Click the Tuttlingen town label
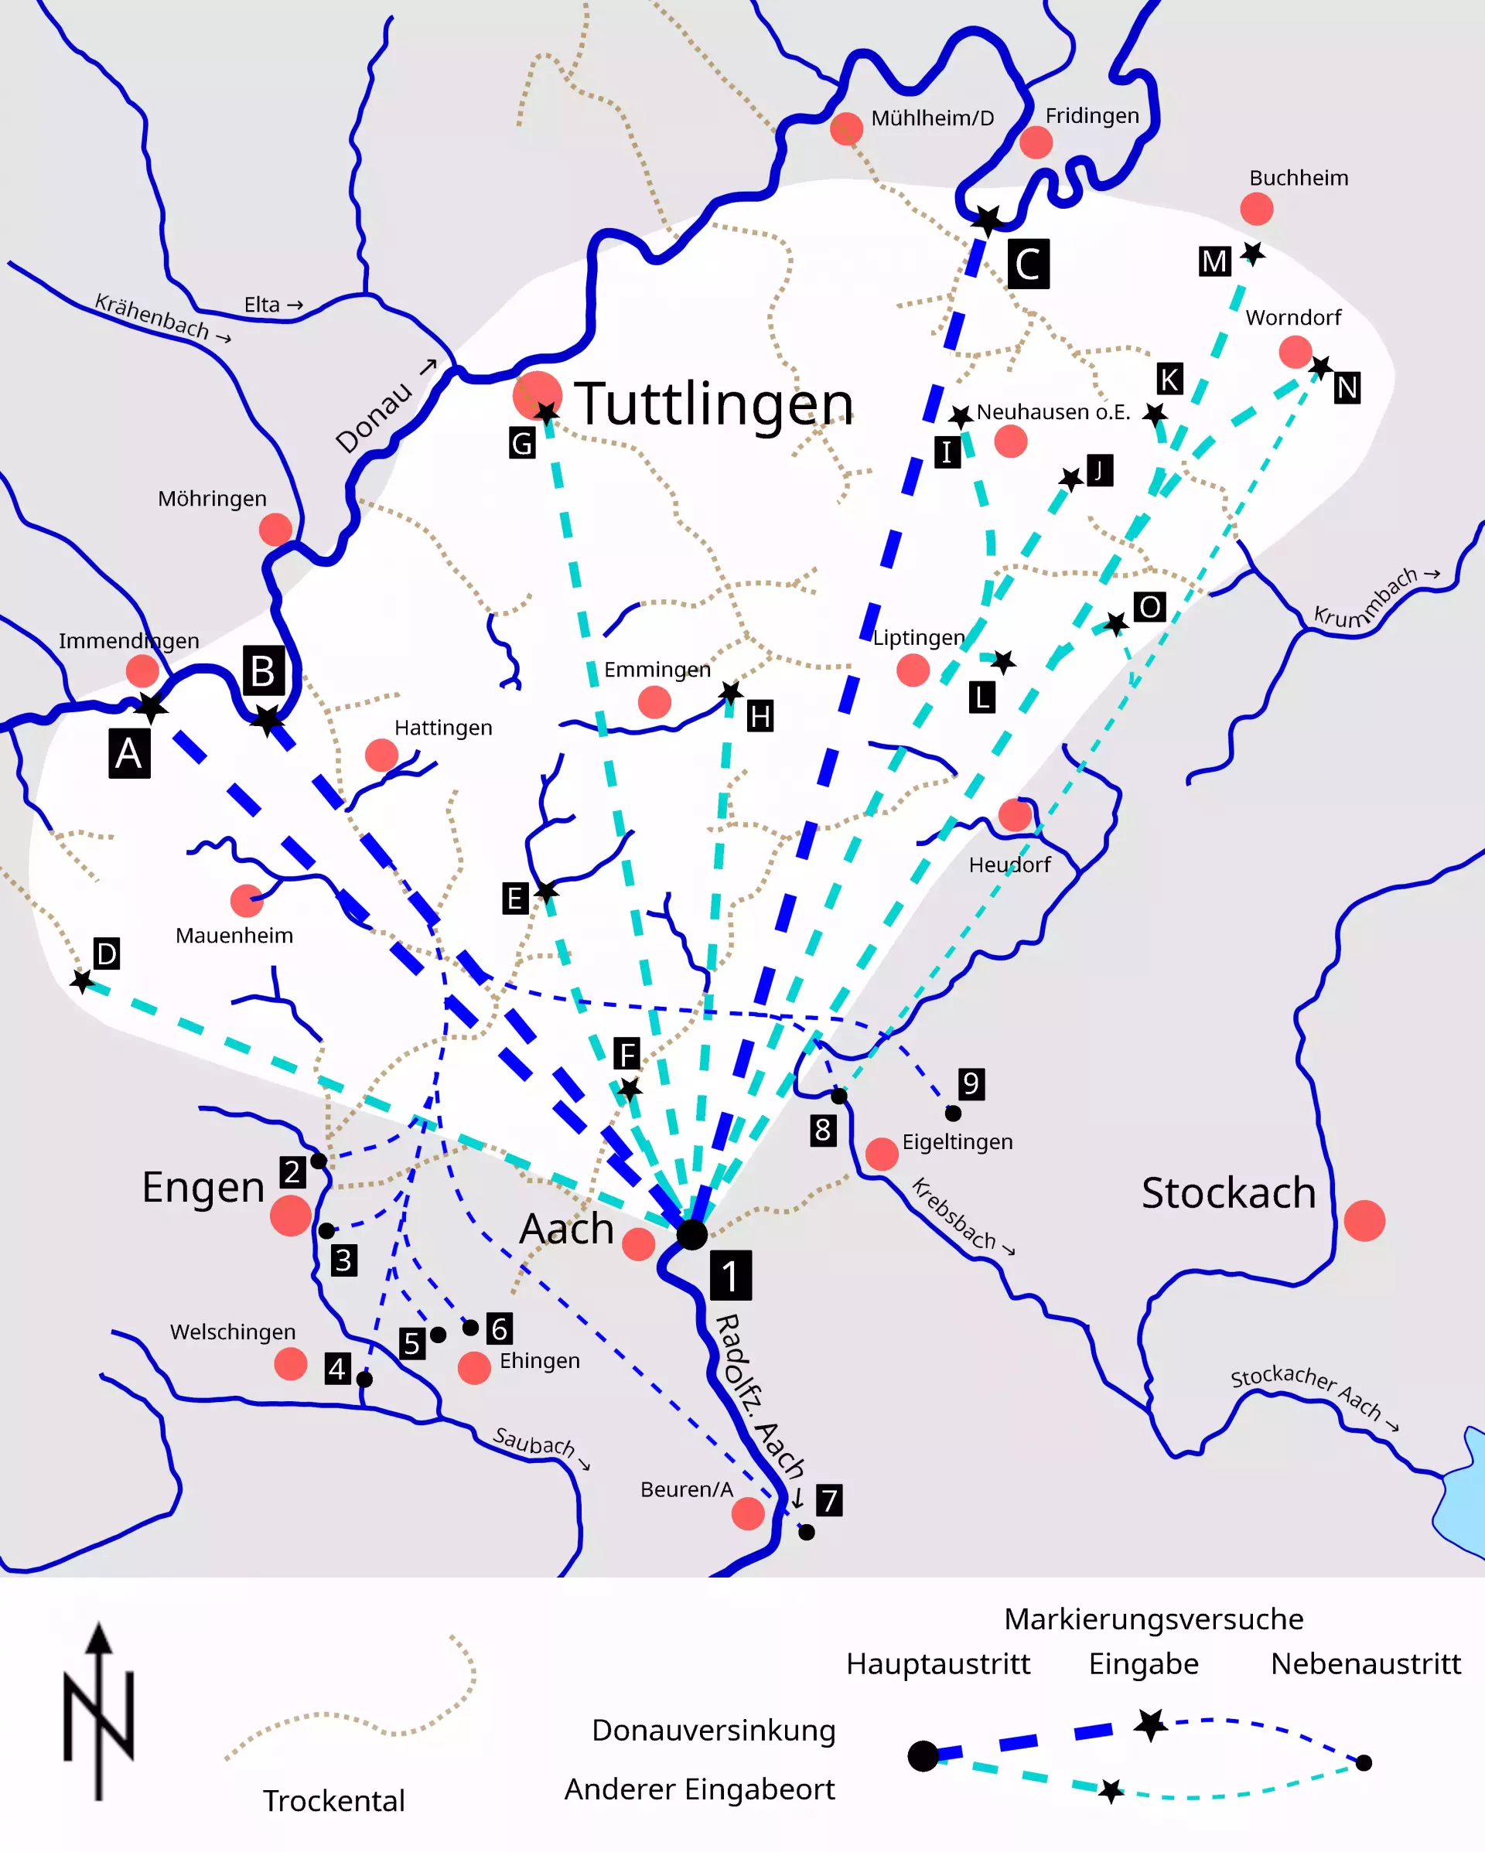713,404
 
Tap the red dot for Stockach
1364,1221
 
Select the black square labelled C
1028,264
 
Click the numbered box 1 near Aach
730,1276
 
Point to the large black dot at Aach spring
691,1234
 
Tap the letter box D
107,953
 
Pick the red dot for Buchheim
1256,209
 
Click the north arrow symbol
100,1710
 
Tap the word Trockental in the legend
333,1800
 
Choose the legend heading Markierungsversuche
1153,1619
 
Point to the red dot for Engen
291,1216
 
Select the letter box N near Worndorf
1347,388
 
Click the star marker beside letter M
1254,254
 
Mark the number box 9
971,1084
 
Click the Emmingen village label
657,669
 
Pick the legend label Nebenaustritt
1366,1664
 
